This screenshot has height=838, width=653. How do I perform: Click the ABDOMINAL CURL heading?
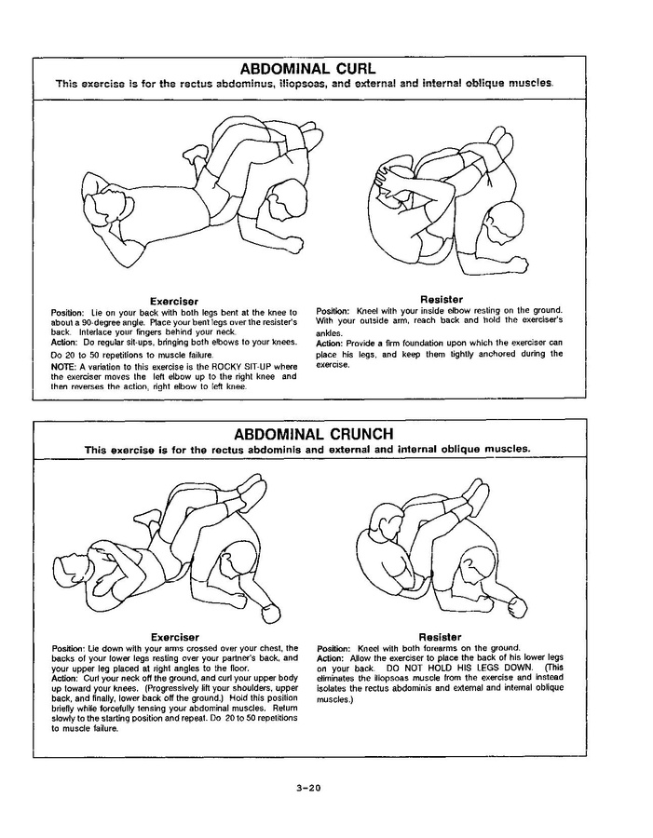(307, 69)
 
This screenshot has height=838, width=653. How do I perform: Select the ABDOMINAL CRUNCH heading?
(314, 434)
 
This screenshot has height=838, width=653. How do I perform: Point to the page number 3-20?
(308, 788)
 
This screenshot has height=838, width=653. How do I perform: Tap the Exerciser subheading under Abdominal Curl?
(174, 300)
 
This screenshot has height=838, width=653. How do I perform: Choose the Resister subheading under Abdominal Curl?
(442, 300)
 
